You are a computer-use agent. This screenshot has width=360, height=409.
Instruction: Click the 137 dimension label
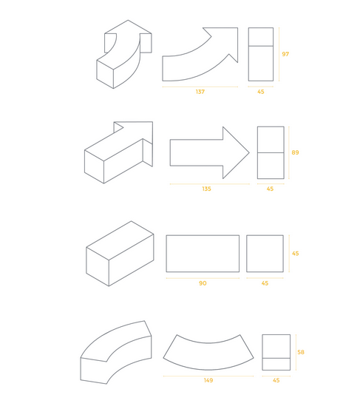coord(200,92)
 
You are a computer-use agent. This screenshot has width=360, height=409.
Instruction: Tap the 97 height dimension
coord(285,54)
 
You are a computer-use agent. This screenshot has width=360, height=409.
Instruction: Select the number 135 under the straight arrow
coord(206,189)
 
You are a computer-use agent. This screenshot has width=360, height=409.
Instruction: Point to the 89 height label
coord(295,152)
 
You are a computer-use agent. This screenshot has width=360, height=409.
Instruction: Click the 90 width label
coord(203,283)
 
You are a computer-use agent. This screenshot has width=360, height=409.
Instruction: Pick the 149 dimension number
coord(208,380)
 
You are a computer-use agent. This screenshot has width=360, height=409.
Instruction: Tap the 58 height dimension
coord(301,352)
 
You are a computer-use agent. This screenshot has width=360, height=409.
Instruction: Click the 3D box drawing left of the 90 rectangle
coord(120,254)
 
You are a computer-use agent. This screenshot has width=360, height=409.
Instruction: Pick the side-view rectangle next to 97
coord(261,54)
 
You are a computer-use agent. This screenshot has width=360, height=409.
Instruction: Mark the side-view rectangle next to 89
coord(271,152)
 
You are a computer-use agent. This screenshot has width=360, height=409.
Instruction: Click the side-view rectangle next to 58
coord(276,352)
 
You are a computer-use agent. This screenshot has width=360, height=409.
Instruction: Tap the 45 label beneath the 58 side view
coord(276,380)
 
